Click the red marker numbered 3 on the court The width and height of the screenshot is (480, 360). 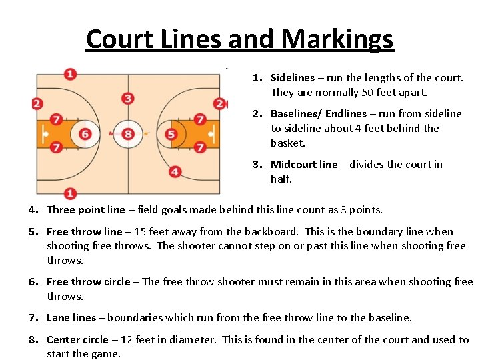[128, 99]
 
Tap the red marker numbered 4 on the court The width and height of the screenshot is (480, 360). [175, 172]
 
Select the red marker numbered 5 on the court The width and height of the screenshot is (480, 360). [171, 135]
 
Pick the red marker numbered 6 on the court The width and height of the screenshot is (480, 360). [85, 135]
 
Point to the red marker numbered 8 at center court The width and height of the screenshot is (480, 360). [128, 135]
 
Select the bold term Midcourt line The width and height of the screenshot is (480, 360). [304, 165]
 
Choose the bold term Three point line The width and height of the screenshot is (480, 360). [85, 210]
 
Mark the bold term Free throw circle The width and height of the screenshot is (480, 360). [88, 282]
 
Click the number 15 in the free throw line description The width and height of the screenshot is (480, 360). [139, 232]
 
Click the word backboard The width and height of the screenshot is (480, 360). [272, 232]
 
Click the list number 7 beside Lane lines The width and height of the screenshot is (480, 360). [32, 318]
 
